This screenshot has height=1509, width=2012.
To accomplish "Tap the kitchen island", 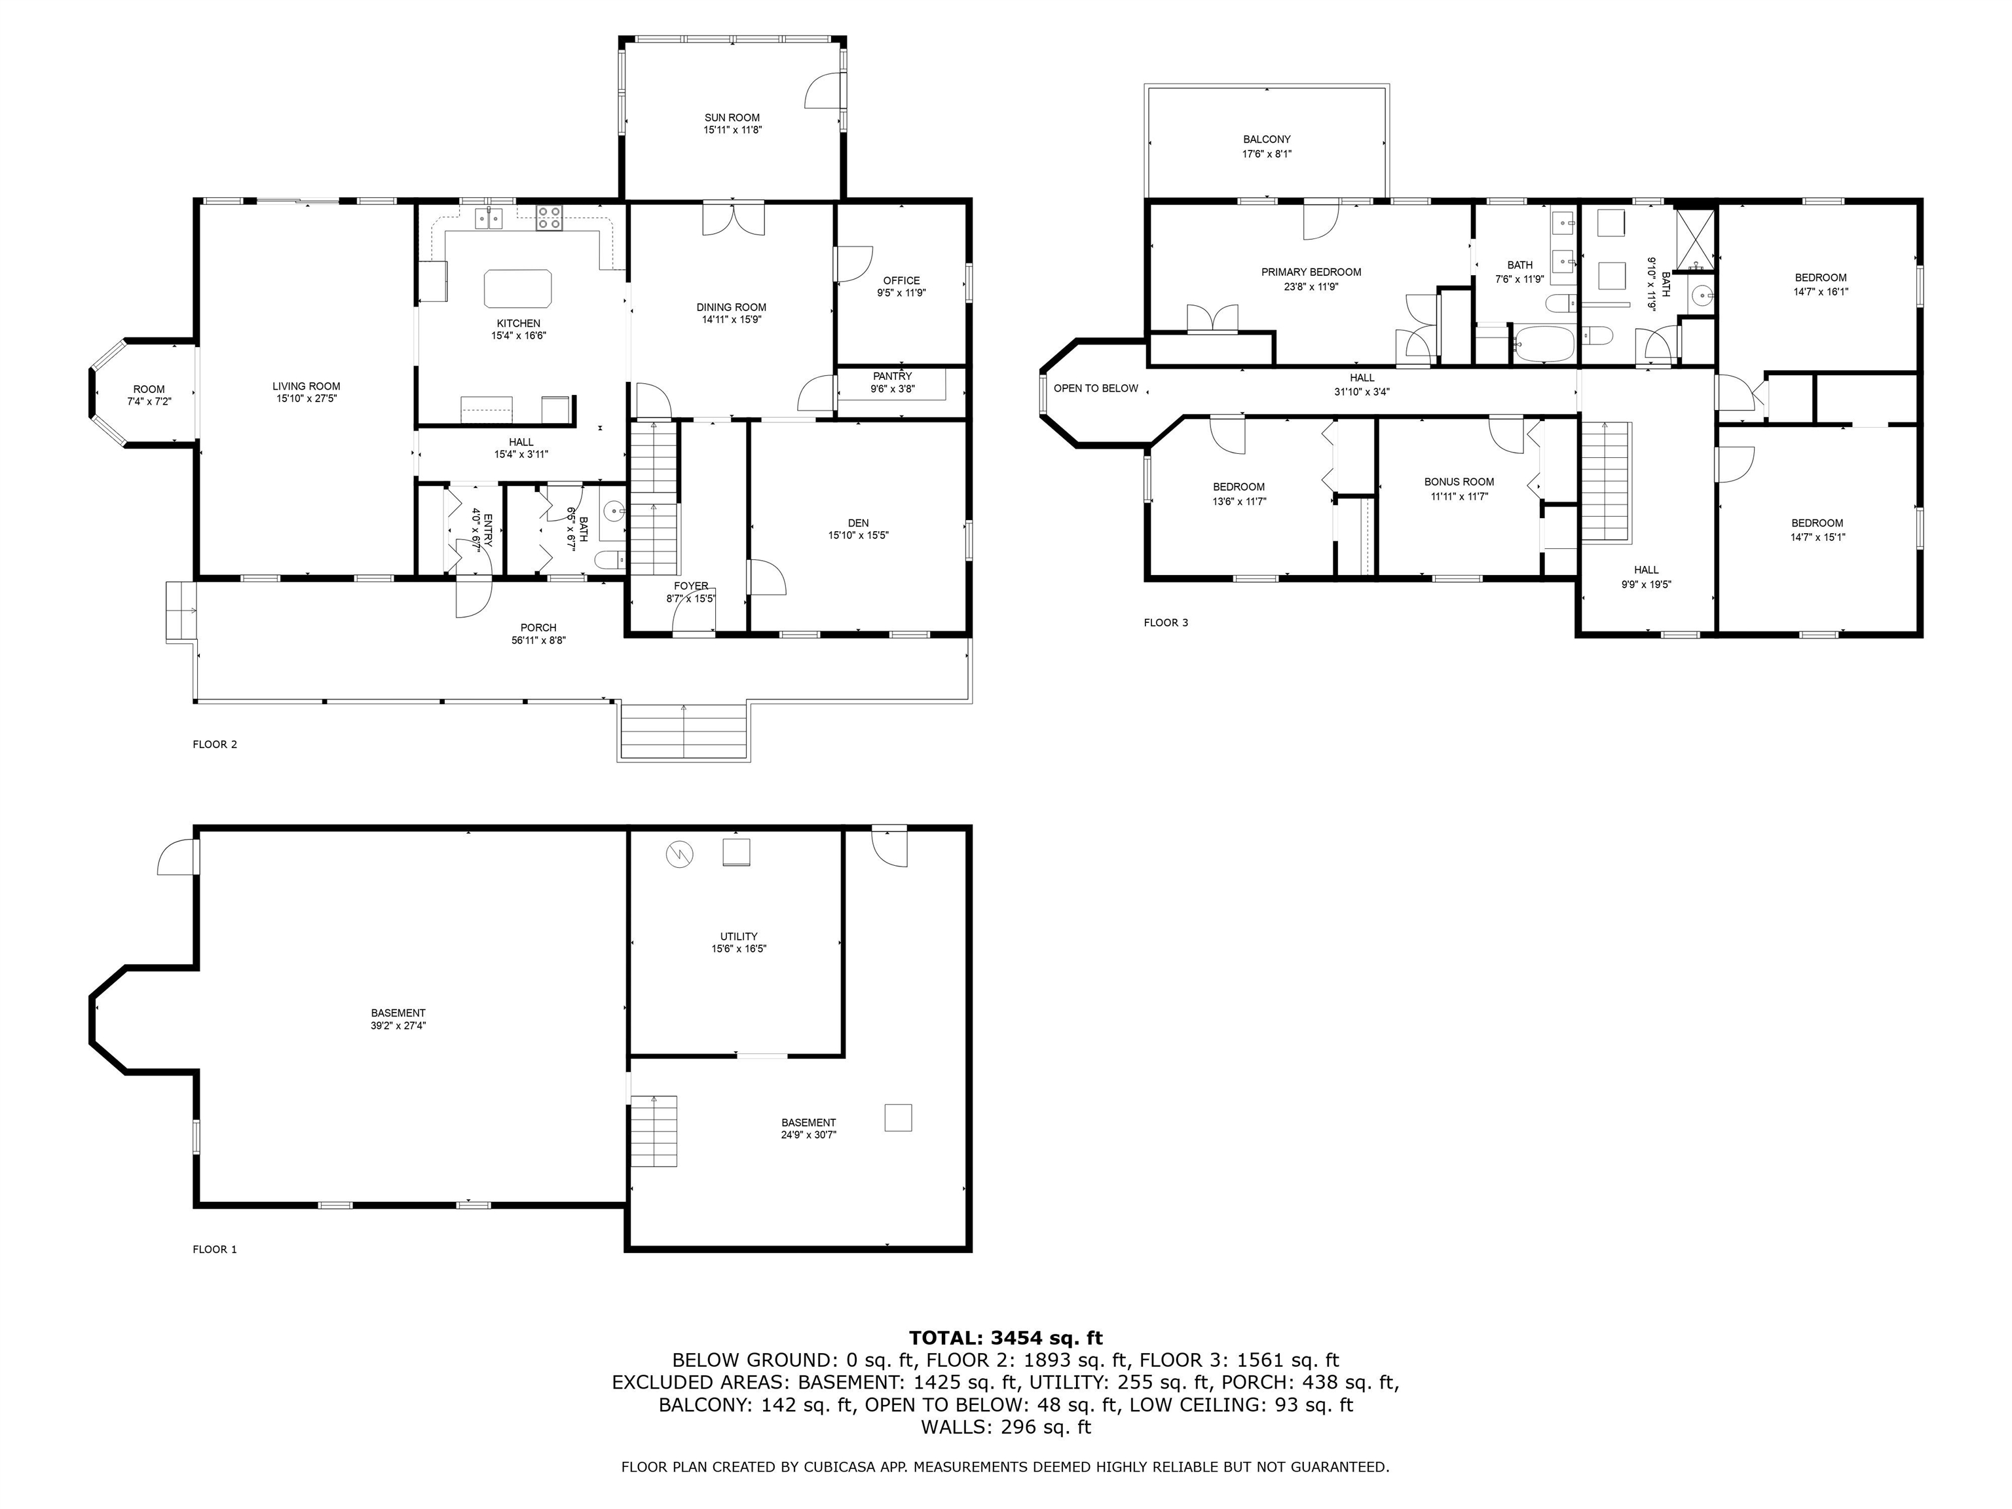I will coord(517,288).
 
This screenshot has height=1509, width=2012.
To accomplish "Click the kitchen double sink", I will coord(489,218).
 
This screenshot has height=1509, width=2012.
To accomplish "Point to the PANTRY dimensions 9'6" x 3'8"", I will coord(892,388).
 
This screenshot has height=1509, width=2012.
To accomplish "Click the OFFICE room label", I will coord(901,280).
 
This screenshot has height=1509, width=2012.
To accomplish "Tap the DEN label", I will coord(858,523).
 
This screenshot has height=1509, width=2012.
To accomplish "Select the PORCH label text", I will coord(538,627).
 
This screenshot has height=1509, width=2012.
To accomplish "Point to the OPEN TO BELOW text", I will coord(1095,388).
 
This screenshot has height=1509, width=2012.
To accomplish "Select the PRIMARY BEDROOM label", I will coord(1311,272).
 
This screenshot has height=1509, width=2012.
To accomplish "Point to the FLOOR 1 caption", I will coord(215,1249).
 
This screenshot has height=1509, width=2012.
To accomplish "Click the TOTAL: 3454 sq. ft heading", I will coord(1005,1338).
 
